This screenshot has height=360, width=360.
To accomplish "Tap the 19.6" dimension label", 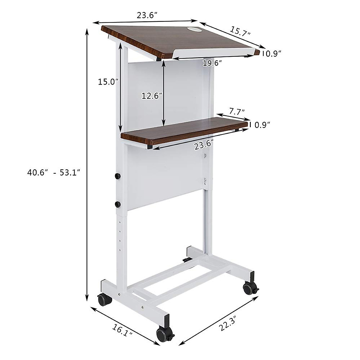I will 212,63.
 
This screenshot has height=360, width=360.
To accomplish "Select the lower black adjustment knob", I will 118,205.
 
